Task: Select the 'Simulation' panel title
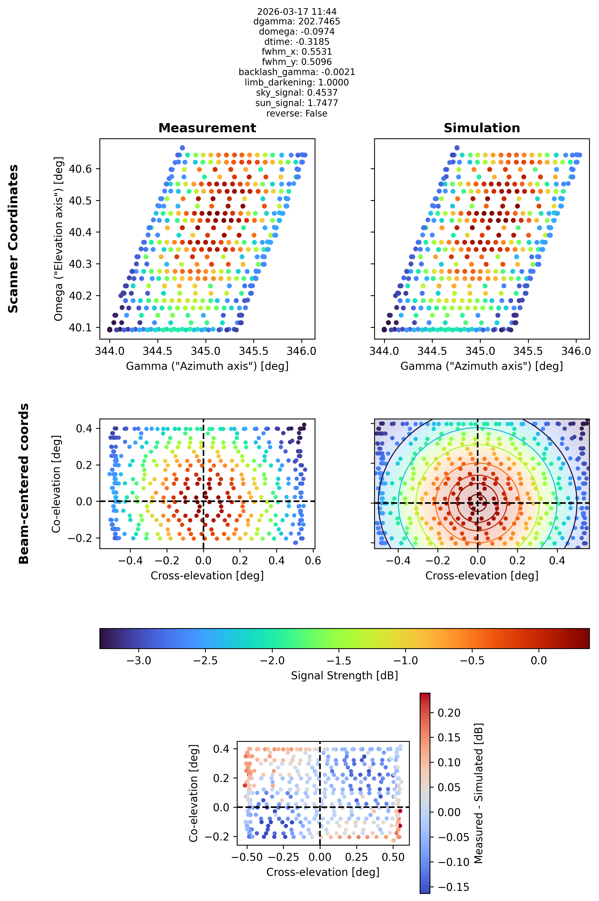coord(482,128)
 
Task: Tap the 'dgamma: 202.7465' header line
coord(297,21)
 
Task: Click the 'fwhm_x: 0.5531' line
coord(297,52)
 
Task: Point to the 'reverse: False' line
coord(297,113)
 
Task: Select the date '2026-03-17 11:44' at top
coord(297,11)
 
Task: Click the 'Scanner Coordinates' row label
coord(13,239)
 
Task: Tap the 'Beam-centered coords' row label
coord(24,483)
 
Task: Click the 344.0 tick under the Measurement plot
coord(110,351)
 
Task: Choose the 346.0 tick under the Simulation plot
coord(576,351)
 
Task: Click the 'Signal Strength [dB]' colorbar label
coord(344,676)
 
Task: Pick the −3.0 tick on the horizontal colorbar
coord(138,661)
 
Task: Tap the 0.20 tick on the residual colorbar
coord(449,713)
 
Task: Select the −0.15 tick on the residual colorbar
coord(453,887)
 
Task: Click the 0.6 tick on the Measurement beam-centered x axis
coord(313,561)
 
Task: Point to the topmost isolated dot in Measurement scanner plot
coord(182,148)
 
